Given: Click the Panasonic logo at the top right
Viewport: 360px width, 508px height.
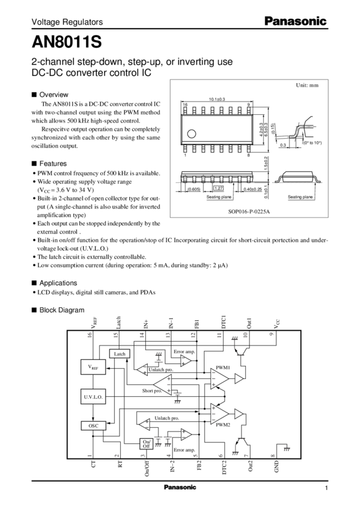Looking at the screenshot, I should coord(295,21).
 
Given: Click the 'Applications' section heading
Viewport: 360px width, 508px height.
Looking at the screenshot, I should coord(58,281).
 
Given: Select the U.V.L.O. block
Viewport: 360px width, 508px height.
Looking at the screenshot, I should coord(92,396).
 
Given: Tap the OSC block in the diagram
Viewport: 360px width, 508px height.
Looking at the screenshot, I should coord(92,425).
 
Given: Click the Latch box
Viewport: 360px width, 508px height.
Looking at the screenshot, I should coord(118,354).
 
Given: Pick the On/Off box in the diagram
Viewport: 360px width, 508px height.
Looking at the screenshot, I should coord(146,443).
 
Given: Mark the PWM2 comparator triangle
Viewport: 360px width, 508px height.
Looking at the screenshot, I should coord(219,415).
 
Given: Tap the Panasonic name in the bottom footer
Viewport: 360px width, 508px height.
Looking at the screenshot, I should coord(179,487).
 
